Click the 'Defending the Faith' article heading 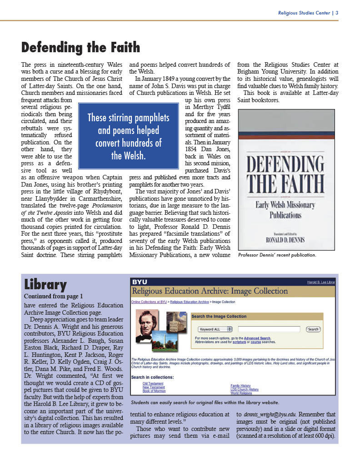(x=81, y=48)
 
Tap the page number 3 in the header (x=337, y=13)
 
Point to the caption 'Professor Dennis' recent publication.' (x=277, y=255)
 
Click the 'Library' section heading (x=45, y=285)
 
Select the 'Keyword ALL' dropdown (x=215, y=329)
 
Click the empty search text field (x=269, y=329)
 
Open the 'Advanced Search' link (x=257, y=338)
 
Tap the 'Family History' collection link (x=240, y=386)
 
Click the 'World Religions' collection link (x=242, y=393)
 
